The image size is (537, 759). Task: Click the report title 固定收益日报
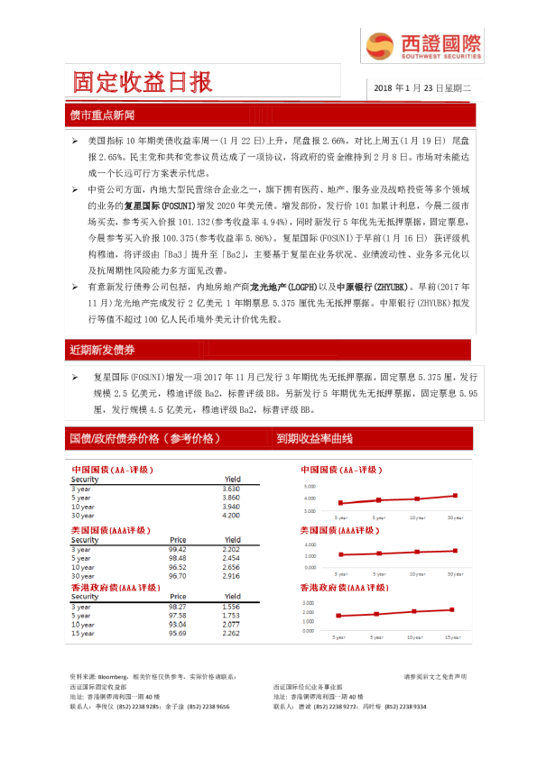pyautogui.click(x=144, y=82)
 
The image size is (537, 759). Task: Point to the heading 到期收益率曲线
pyautogui.click(x=314, y=438)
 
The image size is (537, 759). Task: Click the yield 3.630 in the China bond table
pyautogui.click(x=230, y=489)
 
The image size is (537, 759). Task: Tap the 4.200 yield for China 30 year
pyautogui.click(x=230, y=516)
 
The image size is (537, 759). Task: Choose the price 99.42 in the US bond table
pyautogui.click(x=177, y=549)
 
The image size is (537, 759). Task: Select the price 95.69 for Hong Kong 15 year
pyautogui.click(x=177, y=633)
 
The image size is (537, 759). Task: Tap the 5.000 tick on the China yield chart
pyautogui.click(x=310, y=487)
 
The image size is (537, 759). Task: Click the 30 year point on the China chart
pyautogui.click(x=455, y=495)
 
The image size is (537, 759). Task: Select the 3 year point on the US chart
pyautogui.click(x=340, y=554)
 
